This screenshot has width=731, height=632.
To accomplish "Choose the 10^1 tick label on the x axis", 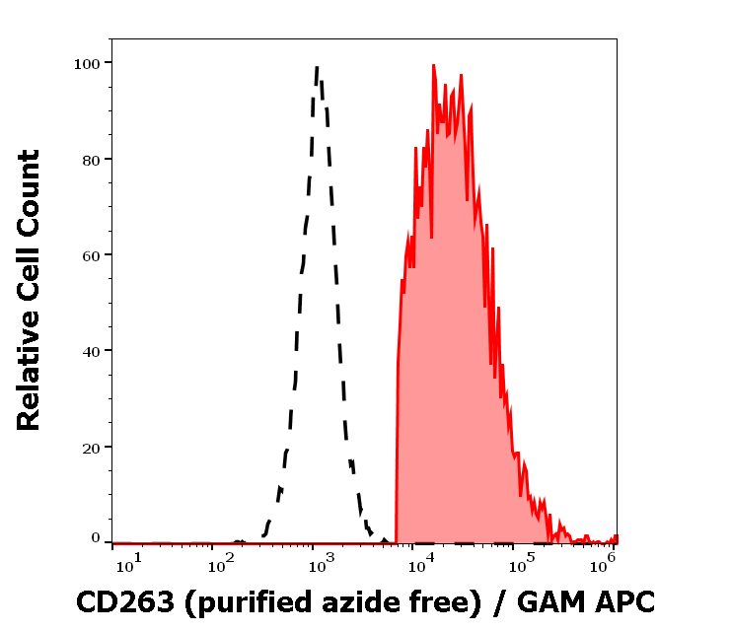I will pyautogui.click(x=128, y=565).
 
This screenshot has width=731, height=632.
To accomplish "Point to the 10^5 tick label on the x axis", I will pyautogui.click(x=515, y=565).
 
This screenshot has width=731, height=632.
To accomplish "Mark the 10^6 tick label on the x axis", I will pyautogui.click(x=604, y=565).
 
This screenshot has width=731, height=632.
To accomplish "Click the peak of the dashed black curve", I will pyautogui.click(x=317, y=66).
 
